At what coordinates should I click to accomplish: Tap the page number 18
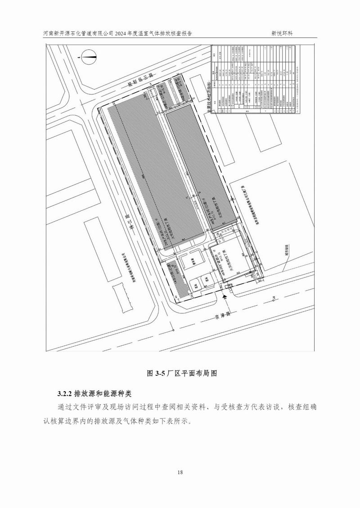coord(180,472)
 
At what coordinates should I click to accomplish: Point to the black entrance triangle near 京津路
coord(225,295)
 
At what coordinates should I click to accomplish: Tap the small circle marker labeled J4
coord(273,297)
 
